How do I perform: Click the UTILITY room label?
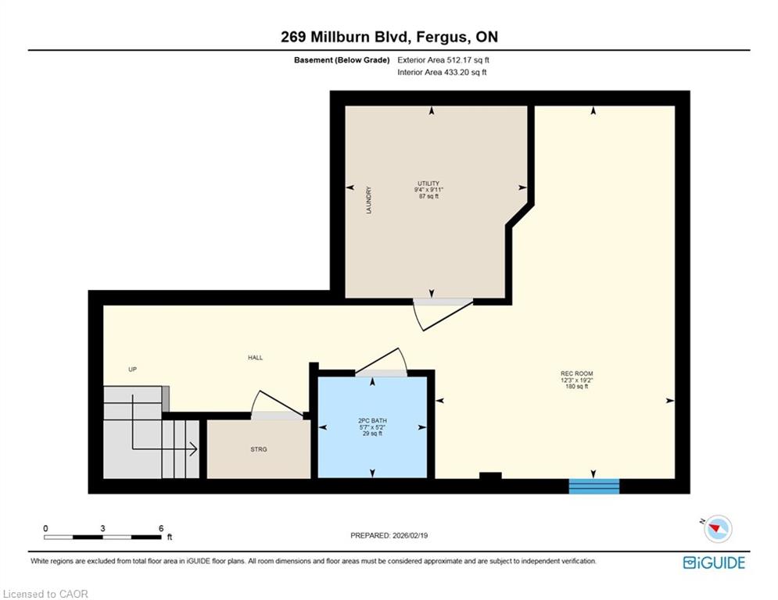[x=428, y=184]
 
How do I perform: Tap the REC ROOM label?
[x=576, y=373]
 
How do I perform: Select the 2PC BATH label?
[x=372, y=420]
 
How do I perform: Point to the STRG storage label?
[x=259, y=449]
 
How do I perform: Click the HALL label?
[x=256, y=358]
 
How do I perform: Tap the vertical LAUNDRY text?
[x=368, y=200]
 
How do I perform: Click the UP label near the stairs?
[x=132, y=370]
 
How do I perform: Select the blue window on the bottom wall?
[x=594, y=486]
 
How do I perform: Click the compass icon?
[x=718, y=528]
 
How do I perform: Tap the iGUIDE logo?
[x=714, y=562]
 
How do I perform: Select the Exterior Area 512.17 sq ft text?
[x=443, y=60]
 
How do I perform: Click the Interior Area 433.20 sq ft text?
[x=442, y=73]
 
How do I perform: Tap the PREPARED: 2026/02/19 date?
[x=389, y=535]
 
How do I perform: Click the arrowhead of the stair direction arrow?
[x=193, y=450]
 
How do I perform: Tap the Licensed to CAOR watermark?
[x=45, y=594]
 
